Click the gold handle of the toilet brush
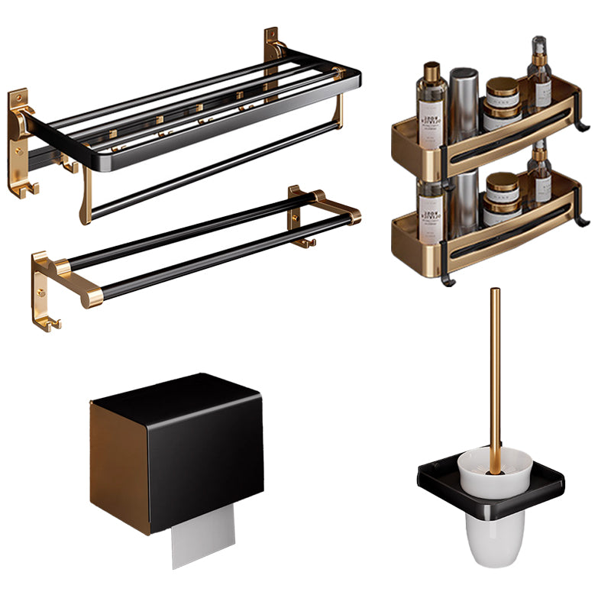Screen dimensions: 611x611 coord(496,367)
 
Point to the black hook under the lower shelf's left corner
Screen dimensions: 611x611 coord(449,280)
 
